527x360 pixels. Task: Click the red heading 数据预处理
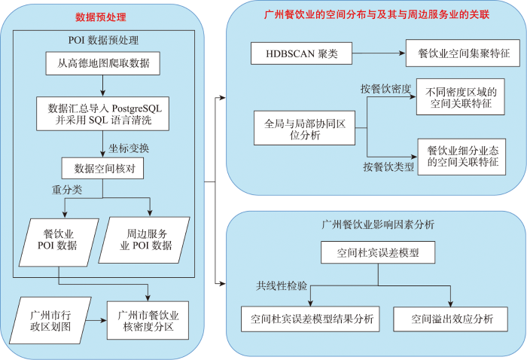tap(100, 17)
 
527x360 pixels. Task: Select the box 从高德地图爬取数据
tap(103, 63)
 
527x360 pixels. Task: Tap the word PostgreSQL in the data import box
tap(136, 108)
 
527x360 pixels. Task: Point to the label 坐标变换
tap(129, 148)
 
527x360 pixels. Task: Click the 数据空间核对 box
tap(102, 168)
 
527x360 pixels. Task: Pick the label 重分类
tap(67, 190)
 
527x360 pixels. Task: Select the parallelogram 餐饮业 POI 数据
tap(59, 243)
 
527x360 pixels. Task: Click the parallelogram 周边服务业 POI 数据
tap(145, 239)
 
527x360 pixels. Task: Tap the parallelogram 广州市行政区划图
tap(50, 320)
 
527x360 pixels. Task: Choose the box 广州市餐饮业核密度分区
tap(148, 320)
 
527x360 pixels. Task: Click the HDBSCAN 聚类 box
tap(301, 53)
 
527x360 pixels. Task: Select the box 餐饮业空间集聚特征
tap(463, 53)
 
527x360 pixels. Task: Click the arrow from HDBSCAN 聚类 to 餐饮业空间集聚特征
tap(379, 53)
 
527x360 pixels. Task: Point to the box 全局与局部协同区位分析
tap(304, 128)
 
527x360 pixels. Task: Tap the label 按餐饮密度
tap(385, 89)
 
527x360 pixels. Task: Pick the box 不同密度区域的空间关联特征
tap(461, 97)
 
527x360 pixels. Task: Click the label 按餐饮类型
tap(388, 166)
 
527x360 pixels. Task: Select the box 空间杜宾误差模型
tap(378, 252)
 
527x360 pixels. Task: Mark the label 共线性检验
tap(282, 285)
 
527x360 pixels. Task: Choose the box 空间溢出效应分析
tap(450, 319)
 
